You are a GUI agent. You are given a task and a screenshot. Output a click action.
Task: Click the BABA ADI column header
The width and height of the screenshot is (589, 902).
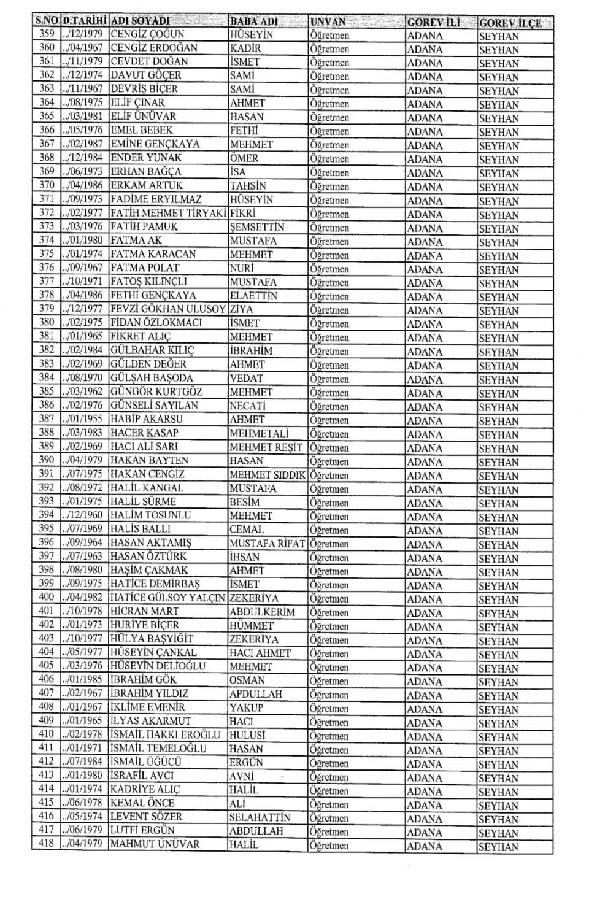253,21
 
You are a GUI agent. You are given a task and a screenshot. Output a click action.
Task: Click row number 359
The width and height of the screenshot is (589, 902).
47,34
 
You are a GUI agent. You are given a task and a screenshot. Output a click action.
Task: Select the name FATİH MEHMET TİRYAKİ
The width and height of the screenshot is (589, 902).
169,213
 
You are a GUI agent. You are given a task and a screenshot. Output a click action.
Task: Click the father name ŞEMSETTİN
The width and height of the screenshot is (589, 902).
257,227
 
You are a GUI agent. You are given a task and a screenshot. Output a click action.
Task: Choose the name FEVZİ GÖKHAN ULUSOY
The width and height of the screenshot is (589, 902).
168,309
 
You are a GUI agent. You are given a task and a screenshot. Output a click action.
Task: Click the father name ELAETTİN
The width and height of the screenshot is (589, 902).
253,296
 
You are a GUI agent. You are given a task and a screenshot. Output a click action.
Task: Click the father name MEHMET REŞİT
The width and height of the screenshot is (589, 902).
266,447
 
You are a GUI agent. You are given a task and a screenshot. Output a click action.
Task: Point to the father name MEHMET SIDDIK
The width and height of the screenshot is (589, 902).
268,474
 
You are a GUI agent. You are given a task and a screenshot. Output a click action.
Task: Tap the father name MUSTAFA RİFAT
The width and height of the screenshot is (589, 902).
267,543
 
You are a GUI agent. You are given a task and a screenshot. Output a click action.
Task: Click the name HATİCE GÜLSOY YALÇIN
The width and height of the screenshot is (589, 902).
168,598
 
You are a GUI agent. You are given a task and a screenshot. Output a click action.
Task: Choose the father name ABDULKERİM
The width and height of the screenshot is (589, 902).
262,612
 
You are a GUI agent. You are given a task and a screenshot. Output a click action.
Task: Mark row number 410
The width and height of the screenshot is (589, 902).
47,734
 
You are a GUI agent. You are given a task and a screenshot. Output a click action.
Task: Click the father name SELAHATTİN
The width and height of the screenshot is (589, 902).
260,817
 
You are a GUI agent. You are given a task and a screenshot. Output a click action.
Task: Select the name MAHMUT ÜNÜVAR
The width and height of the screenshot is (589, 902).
155,844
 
